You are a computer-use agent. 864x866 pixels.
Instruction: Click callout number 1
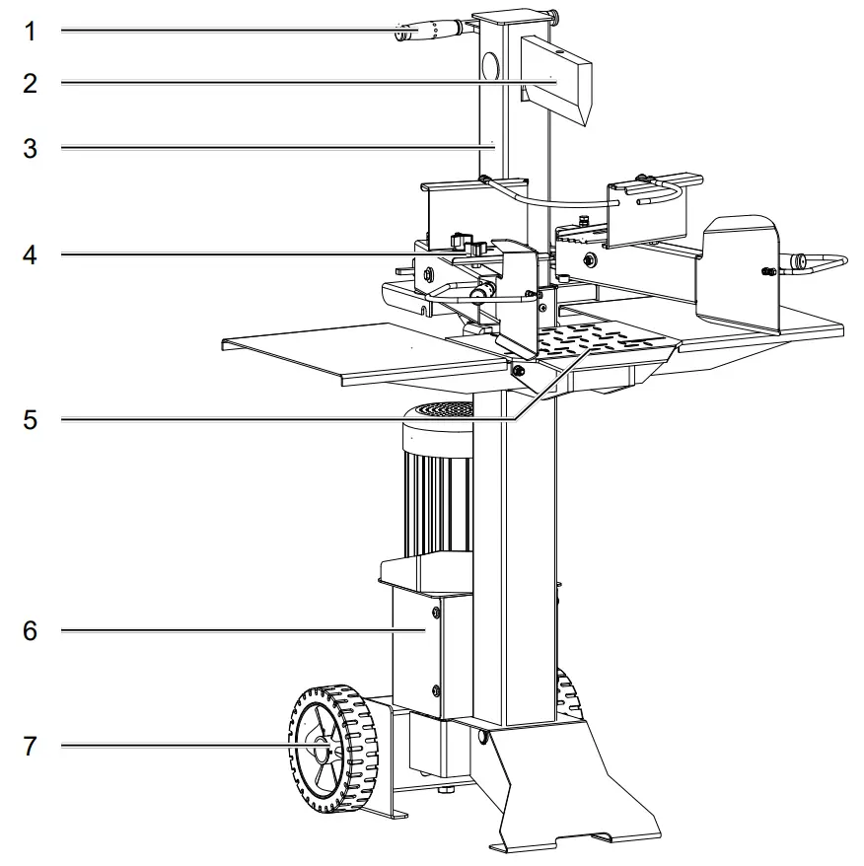coord(30,31)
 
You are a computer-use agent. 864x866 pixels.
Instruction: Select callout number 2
coord(30,83)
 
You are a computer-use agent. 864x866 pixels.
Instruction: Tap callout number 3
coord(30,148)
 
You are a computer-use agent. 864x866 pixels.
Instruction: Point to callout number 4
coord(30,254)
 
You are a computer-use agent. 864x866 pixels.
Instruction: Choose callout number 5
coord(30,420)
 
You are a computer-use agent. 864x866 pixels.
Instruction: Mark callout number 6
coord(30,630)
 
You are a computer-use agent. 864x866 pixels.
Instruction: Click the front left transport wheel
coord(332,751)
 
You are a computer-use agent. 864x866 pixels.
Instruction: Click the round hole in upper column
coord(487,67)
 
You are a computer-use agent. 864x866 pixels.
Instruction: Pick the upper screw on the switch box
coord(433,615)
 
